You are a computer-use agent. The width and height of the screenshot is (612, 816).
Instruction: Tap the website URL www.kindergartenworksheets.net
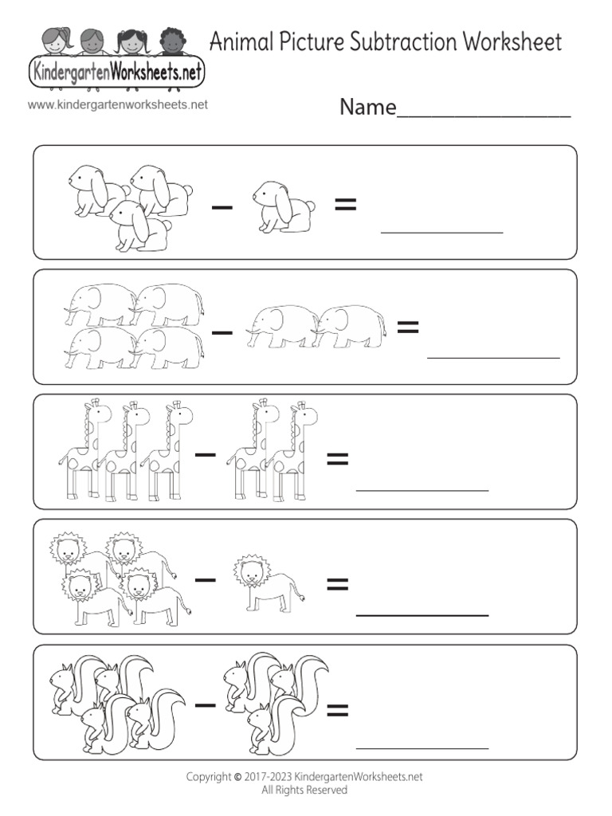pos(117,104)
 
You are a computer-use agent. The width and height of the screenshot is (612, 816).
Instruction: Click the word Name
pos(367,108)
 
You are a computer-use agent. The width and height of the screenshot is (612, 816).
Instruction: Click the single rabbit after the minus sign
pos(283,206)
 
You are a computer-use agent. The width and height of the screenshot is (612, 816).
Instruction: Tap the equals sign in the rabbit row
pos(345,206)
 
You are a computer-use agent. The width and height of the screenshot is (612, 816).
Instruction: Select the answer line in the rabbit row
pos(442,232)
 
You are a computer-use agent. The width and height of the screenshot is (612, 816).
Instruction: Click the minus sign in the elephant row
pos(223,330)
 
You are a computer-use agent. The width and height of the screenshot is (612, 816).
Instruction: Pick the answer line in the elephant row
pos(493,357)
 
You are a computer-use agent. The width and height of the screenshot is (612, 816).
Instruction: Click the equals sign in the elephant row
pos(407,327)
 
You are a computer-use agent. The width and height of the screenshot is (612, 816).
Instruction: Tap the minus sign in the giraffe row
pos(206,455)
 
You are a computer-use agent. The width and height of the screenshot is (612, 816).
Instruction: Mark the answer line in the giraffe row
pos(422,488)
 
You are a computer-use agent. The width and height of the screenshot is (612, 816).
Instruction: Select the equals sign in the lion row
pos(338,586)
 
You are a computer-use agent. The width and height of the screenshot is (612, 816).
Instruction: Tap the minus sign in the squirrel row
pos(206,704)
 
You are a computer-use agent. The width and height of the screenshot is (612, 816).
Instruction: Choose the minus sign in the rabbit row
pos(222,207)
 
